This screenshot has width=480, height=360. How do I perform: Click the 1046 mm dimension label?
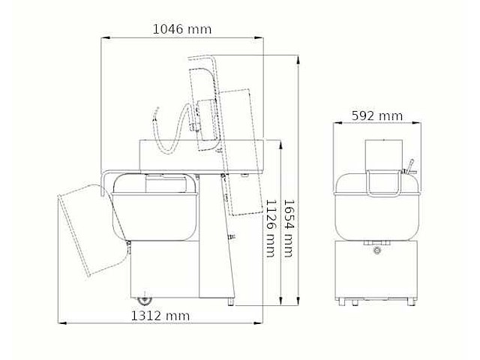182,29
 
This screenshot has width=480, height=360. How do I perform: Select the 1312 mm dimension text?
160,316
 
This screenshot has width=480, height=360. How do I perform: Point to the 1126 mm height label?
271,228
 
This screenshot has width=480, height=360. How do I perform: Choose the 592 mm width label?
377,116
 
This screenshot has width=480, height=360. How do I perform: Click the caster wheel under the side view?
144,299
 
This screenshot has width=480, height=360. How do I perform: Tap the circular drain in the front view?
376,250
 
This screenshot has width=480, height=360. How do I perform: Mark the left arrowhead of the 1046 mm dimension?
105,38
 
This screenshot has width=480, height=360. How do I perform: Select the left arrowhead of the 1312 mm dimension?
62,322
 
